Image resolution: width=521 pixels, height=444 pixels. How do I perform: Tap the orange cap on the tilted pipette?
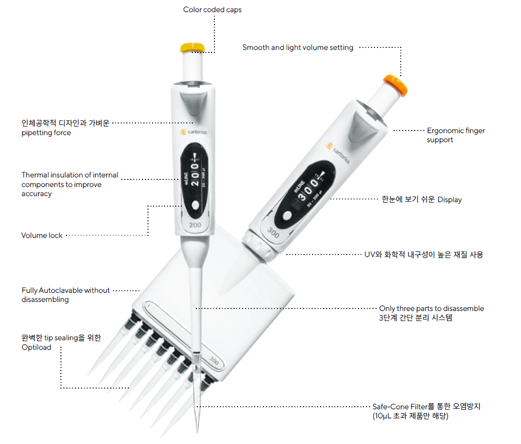pos(395,84)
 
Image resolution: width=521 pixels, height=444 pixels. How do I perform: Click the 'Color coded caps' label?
pos(212,10)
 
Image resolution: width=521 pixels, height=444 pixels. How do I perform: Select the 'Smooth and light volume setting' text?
pos(297,47)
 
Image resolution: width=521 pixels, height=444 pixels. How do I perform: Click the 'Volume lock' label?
pos(42,235)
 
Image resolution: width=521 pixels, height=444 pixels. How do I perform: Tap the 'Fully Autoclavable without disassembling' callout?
pos(65,295)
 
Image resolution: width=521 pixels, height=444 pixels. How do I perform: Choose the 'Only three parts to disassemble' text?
pos(431,308)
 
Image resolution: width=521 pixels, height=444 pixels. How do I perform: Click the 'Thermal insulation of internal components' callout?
pos(69,184)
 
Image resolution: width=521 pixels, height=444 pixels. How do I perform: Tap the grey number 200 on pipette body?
pos(196,225)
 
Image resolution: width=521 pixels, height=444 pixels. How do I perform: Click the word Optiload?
pos(36,347)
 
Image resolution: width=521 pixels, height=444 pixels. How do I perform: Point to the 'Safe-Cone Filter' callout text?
pos(426,406)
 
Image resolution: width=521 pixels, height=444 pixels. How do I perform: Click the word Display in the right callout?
pos(449,200)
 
